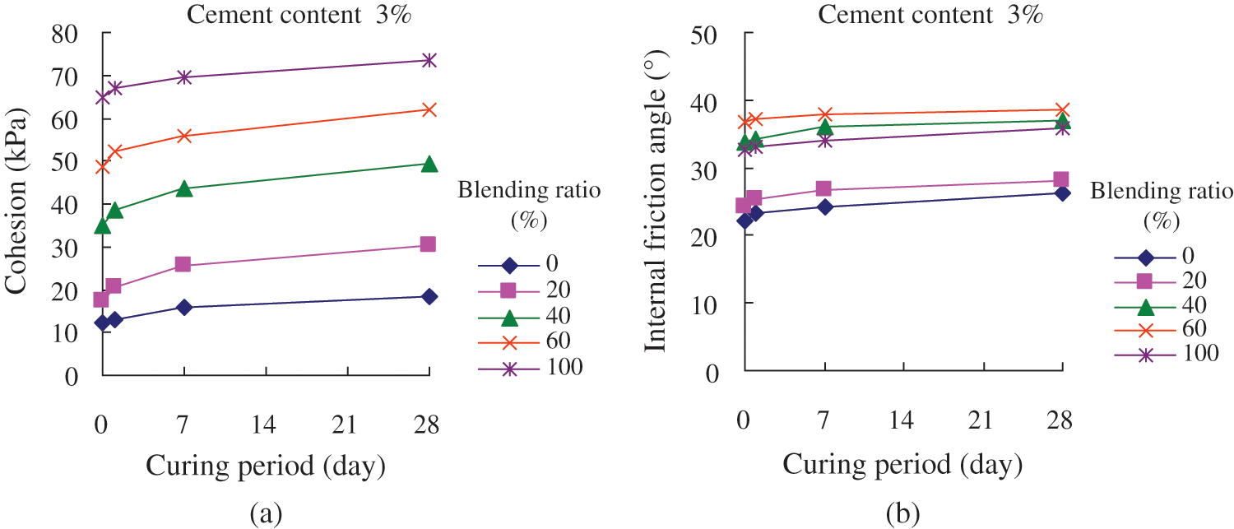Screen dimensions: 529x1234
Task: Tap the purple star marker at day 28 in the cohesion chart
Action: (x=429, y=60)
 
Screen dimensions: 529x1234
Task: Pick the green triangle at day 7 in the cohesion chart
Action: (x=184, y=188)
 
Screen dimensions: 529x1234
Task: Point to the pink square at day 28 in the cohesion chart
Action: (x=428, y=244)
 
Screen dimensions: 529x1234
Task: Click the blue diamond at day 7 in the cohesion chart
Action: (x=184, y=307)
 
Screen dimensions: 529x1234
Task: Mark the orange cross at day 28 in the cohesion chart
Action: (x=429, y=109)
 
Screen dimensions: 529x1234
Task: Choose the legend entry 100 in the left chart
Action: (x=564, y=368)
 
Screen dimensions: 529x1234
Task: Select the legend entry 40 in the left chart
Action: (x=558, y=315)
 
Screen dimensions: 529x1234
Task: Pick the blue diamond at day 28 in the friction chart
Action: (x=1061, y=193)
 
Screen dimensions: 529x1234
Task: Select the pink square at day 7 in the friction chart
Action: (x=823, y=189)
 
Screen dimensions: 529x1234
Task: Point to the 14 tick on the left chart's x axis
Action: (x=264, y=425)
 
